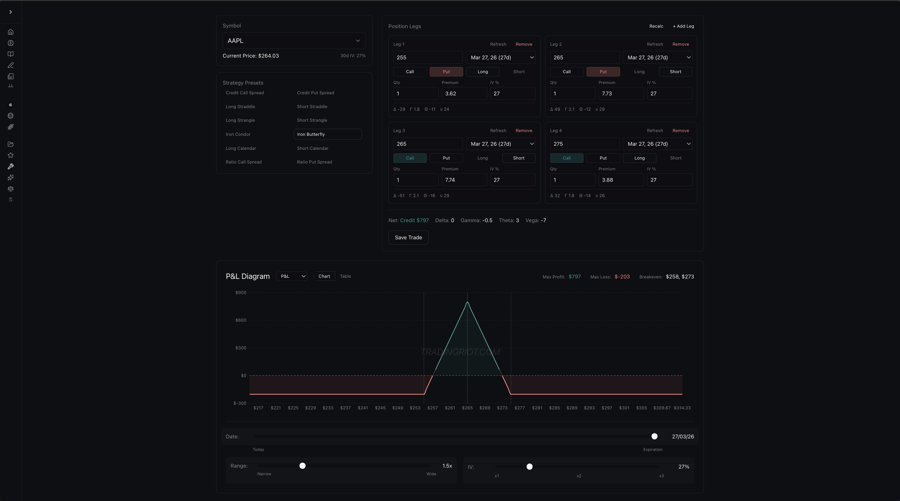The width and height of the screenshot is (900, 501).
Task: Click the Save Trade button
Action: coord(408,237)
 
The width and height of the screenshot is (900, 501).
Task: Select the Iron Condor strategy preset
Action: coord(238,134)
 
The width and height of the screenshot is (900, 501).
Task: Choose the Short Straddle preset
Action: coord(312,107)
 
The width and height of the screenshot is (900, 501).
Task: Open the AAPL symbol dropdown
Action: coord(294,41)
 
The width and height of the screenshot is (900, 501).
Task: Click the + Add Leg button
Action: coord(683,26)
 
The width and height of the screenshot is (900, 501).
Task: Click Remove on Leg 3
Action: coord(524,131)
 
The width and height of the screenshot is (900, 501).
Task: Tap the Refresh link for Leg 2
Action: coord(654,44)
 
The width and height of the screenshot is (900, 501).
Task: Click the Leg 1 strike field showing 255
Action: coord(428,58)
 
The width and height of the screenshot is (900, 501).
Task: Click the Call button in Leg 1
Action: coord(410,72)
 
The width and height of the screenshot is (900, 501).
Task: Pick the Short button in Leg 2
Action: coord(675,72)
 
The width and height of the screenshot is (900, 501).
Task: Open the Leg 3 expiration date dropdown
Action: coord(500,144)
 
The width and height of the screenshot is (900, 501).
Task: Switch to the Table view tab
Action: coord(345,276)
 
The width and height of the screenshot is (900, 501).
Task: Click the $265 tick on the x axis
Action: coord(467,408)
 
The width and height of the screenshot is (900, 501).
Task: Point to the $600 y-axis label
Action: coord(241,320)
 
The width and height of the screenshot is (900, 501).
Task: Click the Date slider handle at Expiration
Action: coord(654,436)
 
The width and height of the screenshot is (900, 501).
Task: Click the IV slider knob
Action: coord(529,467)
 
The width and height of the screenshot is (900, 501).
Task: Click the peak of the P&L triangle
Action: coord(467,302)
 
